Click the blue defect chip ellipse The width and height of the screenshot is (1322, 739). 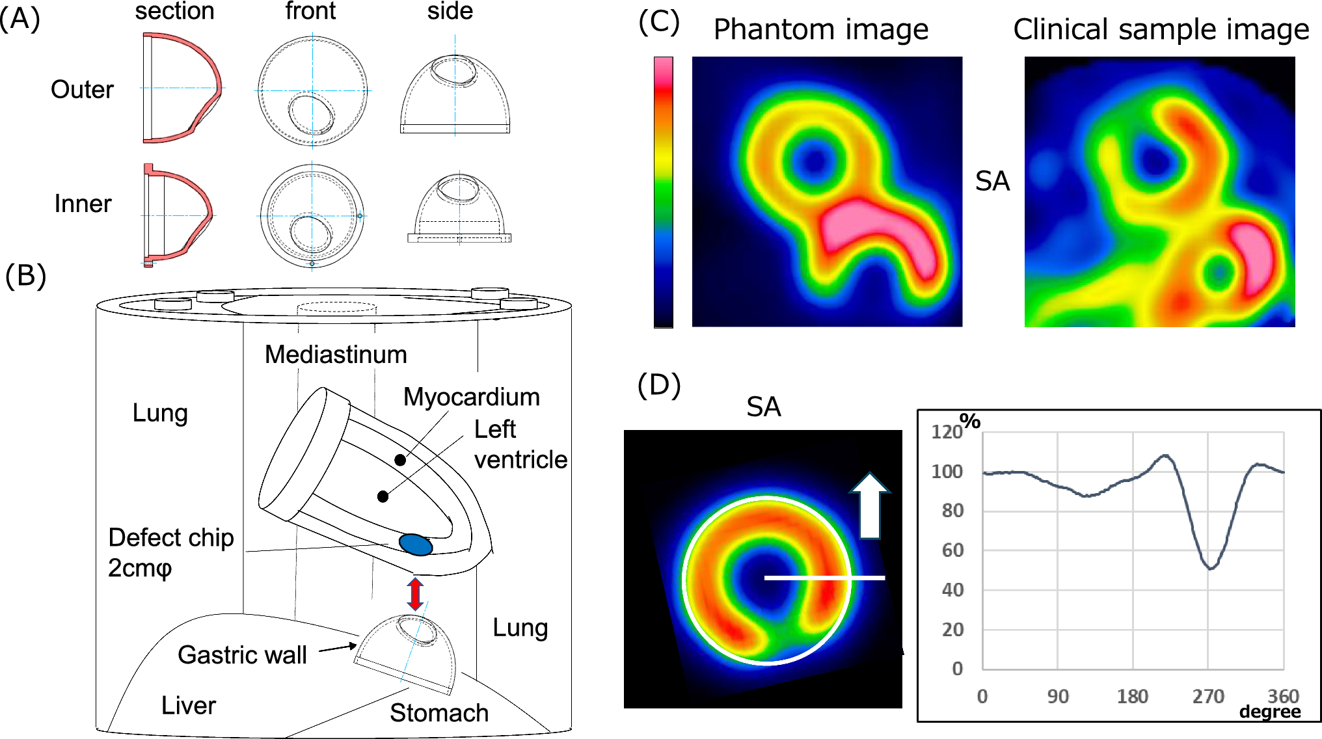416,544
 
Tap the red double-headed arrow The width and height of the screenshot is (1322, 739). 415,593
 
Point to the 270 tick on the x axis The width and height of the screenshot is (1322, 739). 1208,697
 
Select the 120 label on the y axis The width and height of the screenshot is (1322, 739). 946,432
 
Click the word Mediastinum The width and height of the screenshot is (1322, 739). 336,355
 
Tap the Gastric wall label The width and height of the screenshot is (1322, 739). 242,654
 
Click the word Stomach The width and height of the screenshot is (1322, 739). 439,713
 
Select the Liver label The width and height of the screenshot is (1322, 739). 189,705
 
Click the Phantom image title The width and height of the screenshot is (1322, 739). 821,30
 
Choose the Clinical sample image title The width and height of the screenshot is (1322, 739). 1161,30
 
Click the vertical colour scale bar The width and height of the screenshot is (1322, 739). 663,192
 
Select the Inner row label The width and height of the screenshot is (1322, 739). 83,204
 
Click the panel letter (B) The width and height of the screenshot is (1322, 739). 25,275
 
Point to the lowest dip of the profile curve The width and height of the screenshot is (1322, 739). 1210,568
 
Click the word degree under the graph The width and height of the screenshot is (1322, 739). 1269,712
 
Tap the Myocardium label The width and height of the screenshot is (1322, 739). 471,397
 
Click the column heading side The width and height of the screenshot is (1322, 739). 450,11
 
